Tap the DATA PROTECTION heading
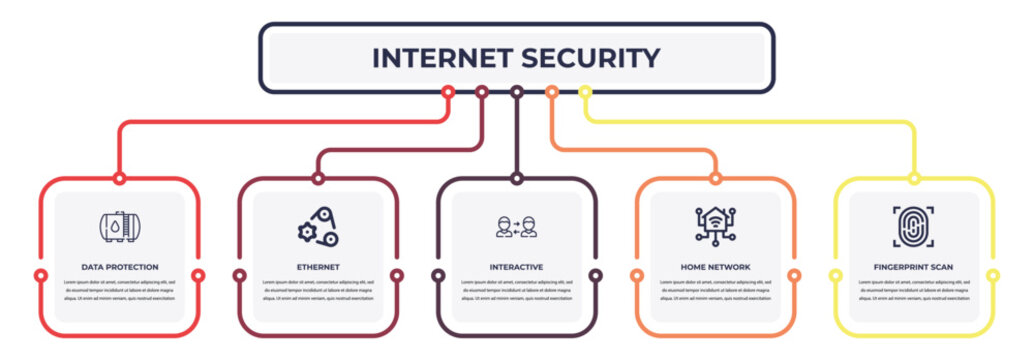point(120,267)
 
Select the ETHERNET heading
point(318,267)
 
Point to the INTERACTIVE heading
point(517,267)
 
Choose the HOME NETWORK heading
point(715,267)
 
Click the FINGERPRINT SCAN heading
point(914,267)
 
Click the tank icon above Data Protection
point(120,227)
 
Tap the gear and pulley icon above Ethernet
point(318,227)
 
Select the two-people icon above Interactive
point(517,227)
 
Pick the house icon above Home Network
point(715,224)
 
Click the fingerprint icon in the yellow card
point(914,226)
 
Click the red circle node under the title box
point(448,92)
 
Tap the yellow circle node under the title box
point(585,92)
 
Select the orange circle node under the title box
point(551,92)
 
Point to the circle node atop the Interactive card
point(517,179)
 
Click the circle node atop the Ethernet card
point(318,179)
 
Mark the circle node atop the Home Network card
point(715,179)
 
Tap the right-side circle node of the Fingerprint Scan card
point(993,275)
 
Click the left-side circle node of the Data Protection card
point(40,275)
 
